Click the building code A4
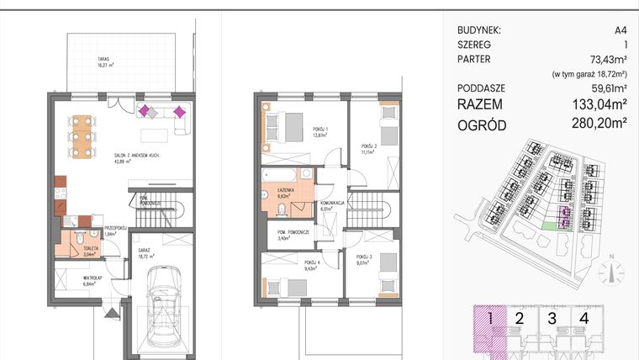tap(621, 29)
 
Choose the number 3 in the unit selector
tap(552, 318)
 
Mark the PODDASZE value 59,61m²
tap(606, 87)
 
